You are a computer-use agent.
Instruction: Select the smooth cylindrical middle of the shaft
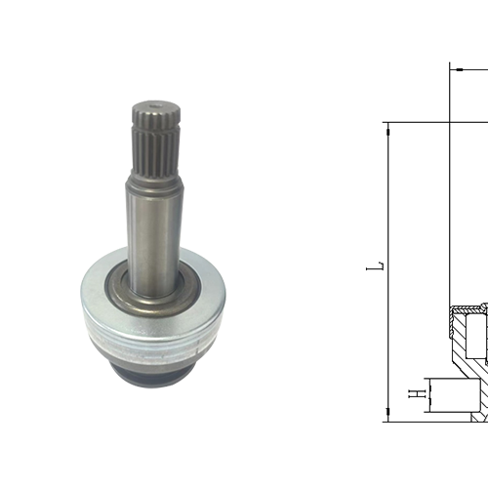point(153,224)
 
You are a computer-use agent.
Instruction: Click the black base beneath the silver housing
point(156,356)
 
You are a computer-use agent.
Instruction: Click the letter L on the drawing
point(381,264)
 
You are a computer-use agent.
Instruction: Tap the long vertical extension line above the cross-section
point(448,195)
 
